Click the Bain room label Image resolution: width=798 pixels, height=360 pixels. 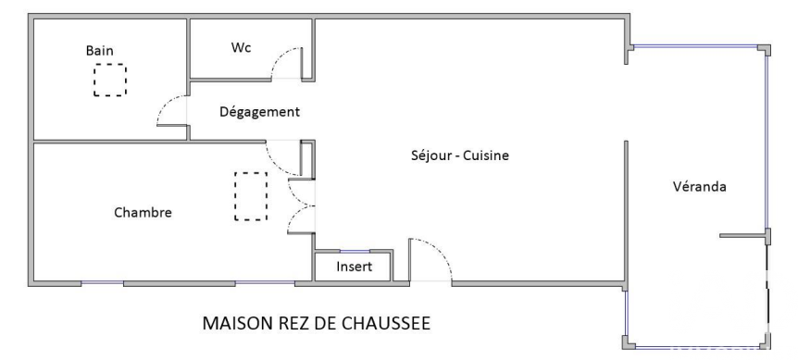click(100, 51)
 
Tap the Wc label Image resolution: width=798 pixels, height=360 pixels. click(242, 48)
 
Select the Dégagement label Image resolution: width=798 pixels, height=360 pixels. click(259, 112)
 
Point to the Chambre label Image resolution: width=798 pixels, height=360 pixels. click(143, 213)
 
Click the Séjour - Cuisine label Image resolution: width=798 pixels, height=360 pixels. click(460, 155)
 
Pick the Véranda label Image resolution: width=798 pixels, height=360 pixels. click(700, 187)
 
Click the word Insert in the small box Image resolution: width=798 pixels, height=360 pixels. click(355, 267)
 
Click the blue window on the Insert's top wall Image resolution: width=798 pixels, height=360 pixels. click(355, 251)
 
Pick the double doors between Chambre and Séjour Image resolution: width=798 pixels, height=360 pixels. click(301, 206)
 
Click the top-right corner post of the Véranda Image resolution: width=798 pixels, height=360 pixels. click(765, 49)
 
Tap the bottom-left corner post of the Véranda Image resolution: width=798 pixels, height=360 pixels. click(629, 341)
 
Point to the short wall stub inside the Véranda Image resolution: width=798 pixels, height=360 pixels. click(743, 235)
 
